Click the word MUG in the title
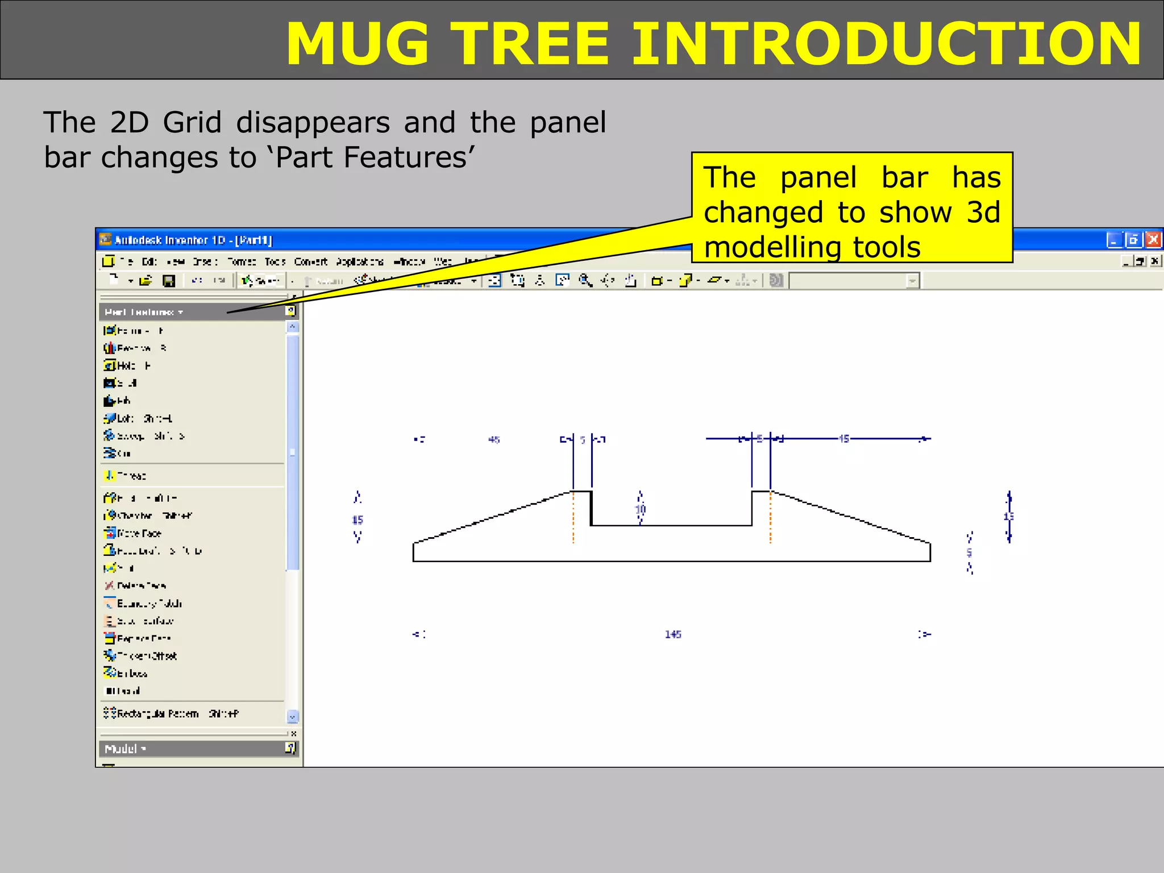pos(357,44)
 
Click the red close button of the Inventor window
pos(1153,240)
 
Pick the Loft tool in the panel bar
pos(126,418)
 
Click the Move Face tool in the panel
pos(139,533)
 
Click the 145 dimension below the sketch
pos(673,634)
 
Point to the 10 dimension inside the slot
pos(641,509)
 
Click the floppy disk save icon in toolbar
pos(169,281)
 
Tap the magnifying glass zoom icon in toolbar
pos(585,280)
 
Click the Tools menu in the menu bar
pos(275,261)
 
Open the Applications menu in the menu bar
pos(359,261)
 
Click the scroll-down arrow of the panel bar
pos(292,717)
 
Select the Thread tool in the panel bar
pos(131,476)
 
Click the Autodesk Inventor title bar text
pos(193,240)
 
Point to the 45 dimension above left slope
pos(494,439)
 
